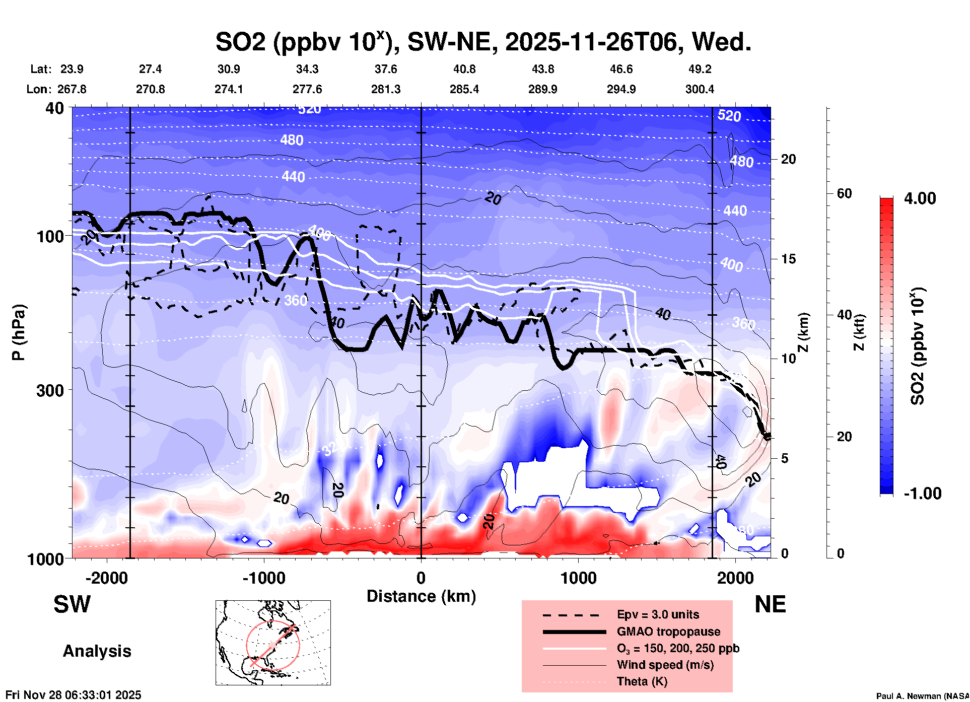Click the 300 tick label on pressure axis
coord(50,390)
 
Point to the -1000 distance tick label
coord(263,578)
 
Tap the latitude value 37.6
coord(385,69)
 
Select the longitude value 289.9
coord(542,89)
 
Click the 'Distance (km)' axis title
coord(421,596)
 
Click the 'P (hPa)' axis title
coord(19,332)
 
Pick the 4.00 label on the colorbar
coord(920,198)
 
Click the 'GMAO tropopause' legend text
coord(668,631)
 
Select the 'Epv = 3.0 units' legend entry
coord(658,614)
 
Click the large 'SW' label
coord(72,604)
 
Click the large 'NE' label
coord(770,604)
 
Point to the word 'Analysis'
coord(97,651)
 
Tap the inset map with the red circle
coord(273,643)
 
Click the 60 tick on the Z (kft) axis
coord(844,193)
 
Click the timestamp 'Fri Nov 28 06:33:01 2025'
coord(74,695)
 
